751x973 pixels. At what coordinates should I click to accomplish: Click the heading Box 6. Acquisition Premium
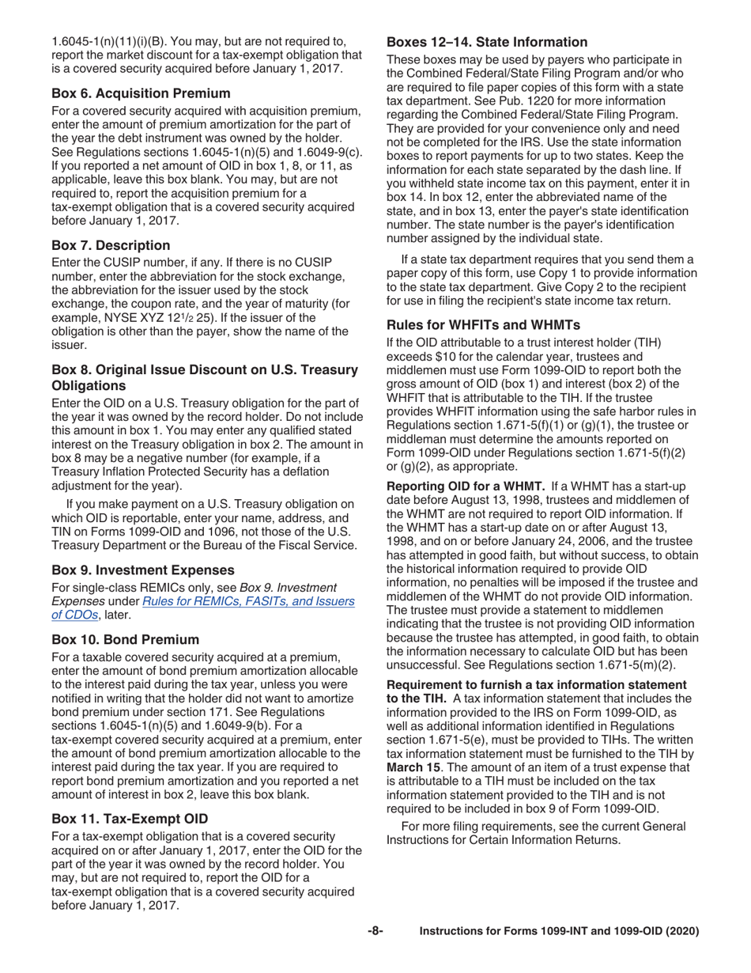tap(141, 93)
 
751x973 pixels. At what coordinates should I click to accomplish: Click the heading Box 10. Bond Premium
tap(125, 639)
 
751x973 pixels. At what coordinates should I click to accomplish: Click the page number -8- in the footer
tap(375, 932)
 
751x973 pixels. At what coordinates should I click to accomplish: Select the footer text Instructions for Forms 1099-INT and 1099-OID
tap(559, 932)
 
